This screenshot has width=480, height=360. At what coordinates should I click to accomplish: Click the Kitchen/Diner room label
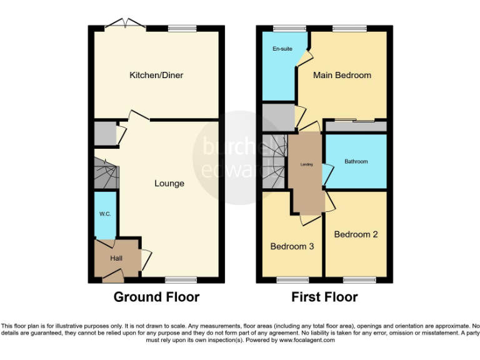(x=156, y=75)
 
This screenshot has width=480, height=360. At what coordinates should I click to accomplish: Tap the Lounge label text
(x=169, y=183)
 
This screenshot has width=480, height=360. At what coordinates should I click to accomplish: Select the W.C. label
(x=105, y=214)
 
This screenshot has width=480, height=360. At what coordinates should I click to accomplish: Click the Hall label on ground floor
(x=117, y=257)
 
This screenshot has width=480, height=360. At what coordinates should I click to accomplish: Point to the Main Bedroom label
(x=342, y=75)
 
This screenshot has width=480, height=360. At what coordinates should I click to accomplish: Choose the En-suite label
(x=282, y=48)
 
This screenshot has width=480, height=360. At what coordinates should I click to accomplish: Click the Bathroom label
(x=356, y=161)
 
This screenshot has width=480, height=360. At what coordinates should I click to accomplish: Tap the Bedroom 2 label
(x=356, y=234)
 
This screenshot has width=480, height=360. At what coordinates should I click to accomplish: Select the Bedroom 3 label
(x=292, y=246)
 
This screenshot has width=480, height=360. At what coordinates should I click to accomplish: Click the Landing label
(x=306, y=165)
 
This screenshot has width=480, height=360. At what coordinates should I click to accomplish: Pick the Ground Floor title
(x=156, y=297)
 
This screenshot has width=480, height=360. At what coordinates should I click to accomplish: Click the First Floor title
(x=324, y=297)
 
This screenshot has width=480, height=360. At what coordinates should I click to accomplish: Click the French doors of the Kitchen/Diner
(x=126, y=25)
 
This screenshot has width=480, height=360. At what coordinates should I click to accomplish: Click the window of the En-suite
(x=284, y=28)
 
